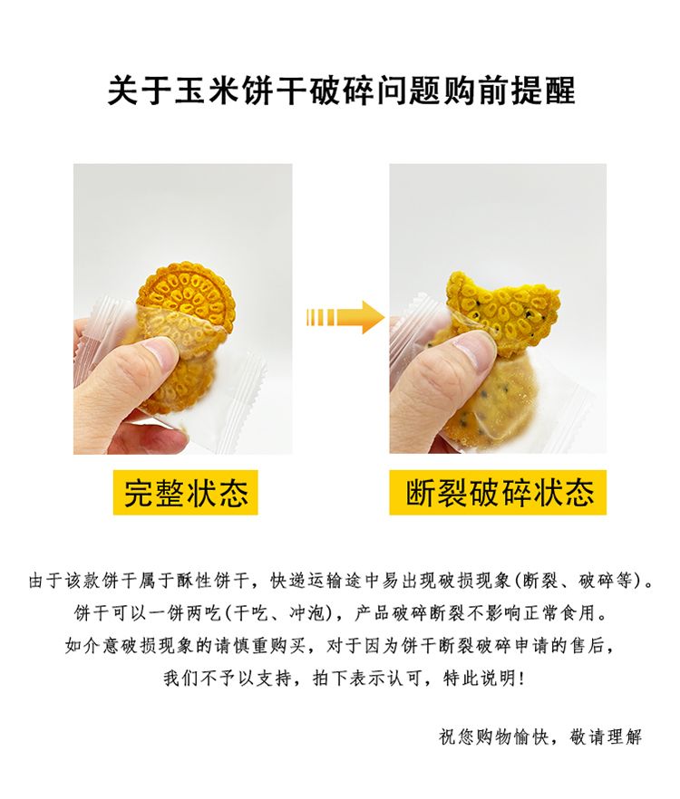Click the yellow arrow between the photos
pyautogui.click(x=345, y=317)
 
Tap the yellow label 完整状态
pyautogui.click(x=186, y=492)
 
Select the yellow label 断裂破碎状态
pyautogui.click(x=498, y=492)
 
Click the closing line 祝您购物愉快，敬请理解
pyautogui.click(x=539, y=736)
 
